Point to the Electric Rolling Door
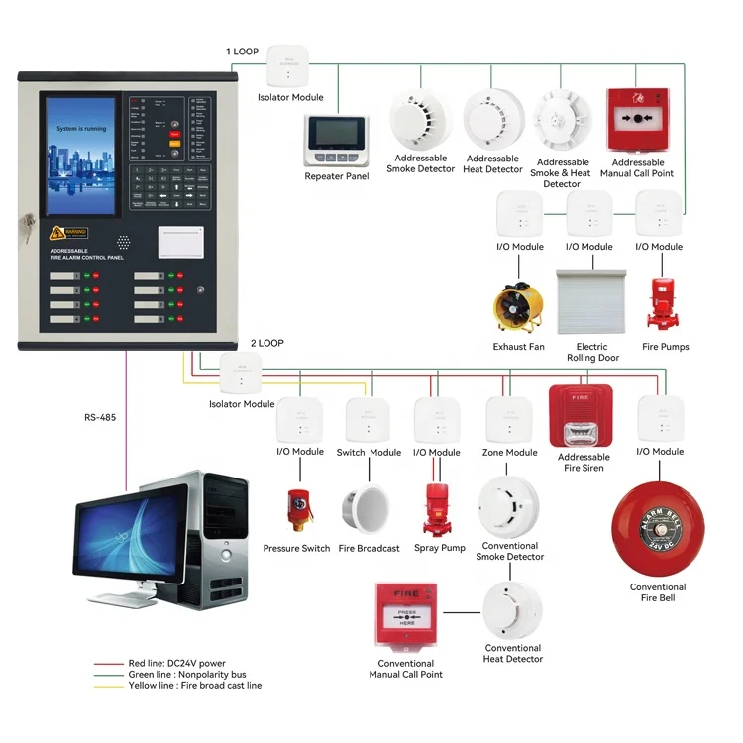coord(592,303)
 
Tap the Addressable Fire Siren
coord(584,416)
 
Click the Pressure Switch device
coord(297,509)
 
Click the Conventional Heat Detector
coord(512,610)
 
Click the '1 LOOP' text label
coord(243,51)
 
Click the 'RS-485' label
coord(100,417)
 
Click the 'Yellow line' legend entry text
coord(188,685)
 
